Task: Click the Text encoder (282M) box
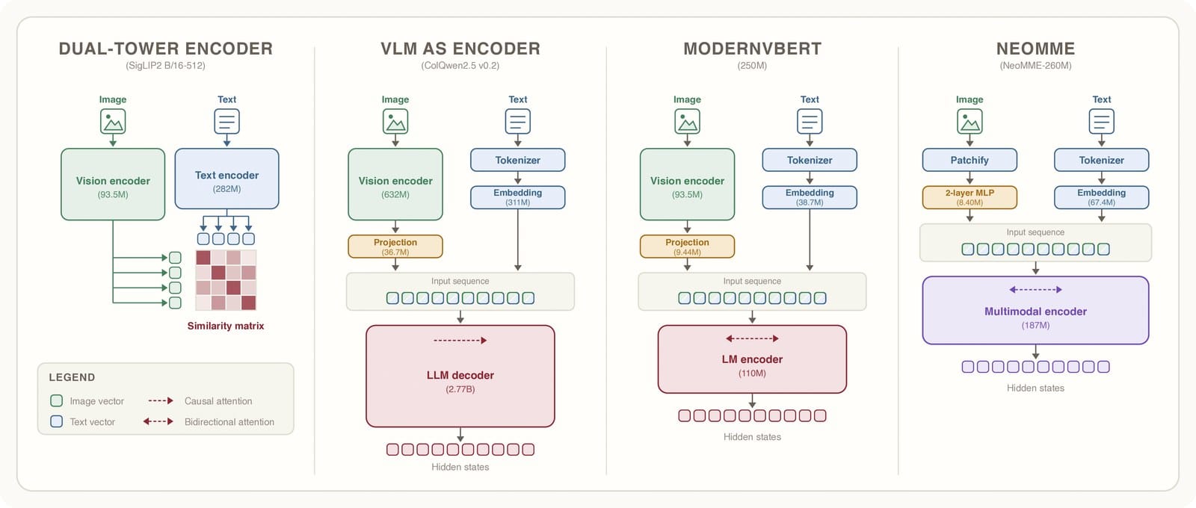(x=227, y=179)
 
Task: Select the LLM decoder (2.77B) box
(x=460, y=377)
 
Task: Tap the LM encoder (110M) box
(x=752, y=359)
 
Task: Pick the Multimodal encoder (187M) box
(x=1035, y=310)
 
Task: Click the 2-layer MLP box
(x=970, y=197)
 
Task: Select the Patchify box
(x=970, y=160)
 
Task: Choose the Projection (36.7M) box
(x=395, y=247)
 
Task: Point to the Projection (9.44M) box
(x=687, y=247)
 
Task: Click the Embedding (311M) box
(x=517, y=197)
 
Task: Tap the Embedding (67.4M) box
(x=1102, y=197)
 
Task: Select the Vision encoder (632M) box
(x=395, y=184)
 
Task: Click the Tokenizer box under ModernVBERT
(x=810, y=160)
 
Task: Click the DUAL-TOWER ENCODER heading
(x=165, y=49)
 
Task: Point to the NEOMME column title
(x=1035, y=49)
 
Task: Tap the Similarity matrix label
(x=225, y=326)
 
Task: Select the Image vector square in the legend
(x=56, y=400)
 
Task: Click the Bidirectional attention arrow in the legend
(x=158, y=421)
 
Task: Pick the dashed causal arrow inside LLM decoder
(x=460, y=341)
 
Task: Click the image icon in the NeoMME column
(x=970, y=122)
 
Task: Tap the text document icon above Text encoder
(x=227, y=122)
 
